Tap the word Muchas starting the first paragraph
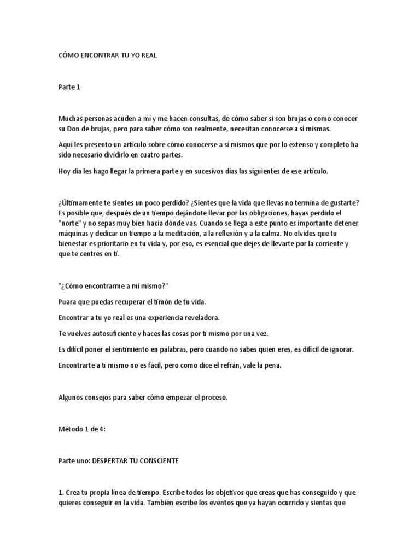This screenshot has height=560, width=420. (x=70, y=119)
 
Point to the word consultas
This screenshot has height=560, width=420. (x=206, y=119)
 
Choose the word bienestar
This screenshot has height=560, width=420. (x=74, y=244)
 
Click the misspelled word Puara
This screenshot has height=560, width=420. (x=67, y=302)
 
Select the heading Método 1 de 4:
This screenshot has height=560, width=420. (x=81, y=429)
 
